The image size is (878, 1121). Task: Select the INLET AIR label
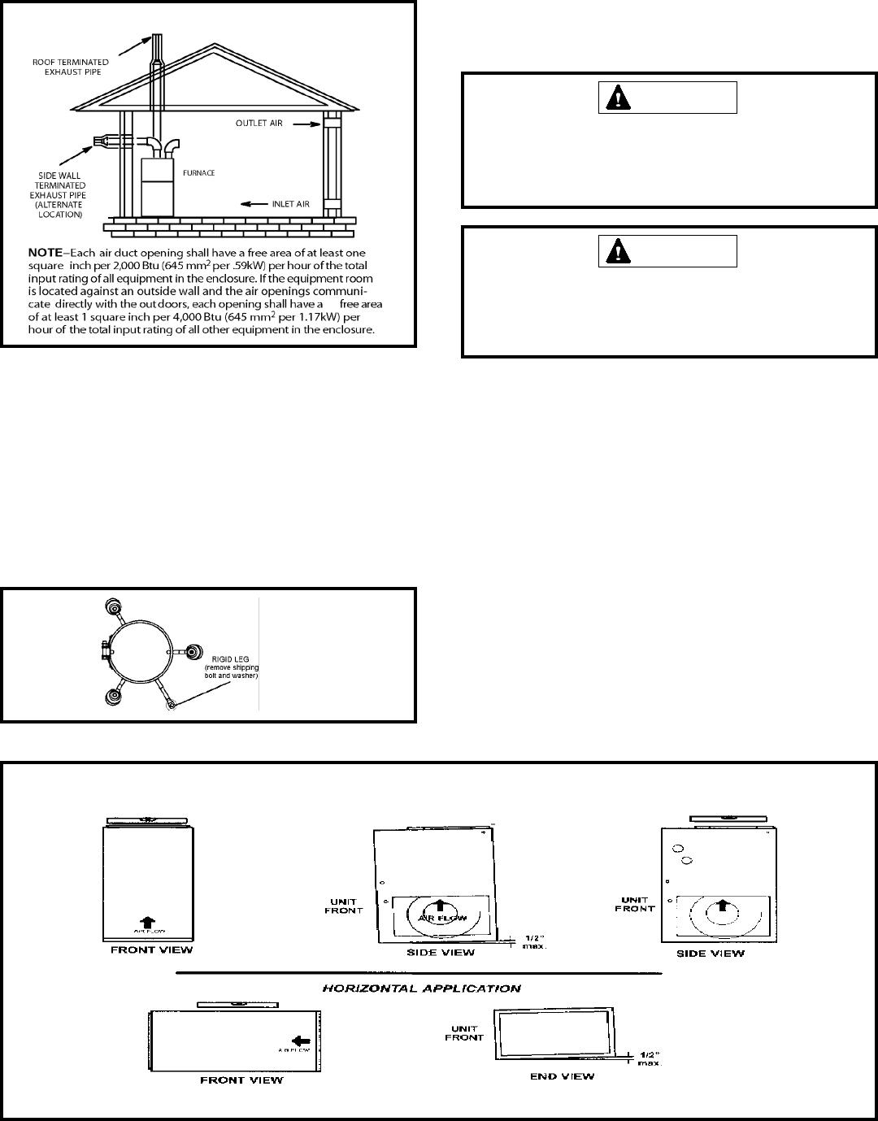pos(290,204)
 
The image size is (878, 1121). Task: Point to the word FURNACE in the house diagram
pos(198,173)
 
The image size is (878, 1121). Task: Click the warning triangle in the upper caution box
pos(622,98)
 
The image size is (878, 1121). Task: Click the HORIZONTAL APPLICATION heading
pos(421,988)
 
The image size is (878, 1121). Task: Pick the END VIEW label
pos(562,1076)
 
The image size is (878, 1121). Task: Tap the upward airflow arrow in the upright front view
pos(146,921)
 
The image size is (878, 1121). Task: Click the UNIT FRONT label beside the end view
pos(465,1032)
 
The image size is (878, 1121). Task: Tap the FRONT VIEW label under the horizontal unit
pos(241,1080)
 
